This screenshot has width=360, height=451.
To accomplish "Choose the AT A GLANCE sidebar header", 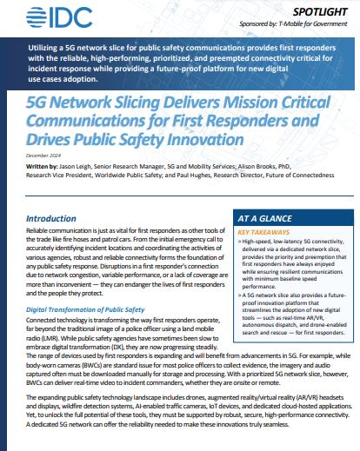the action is click(x=270, y=220).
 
